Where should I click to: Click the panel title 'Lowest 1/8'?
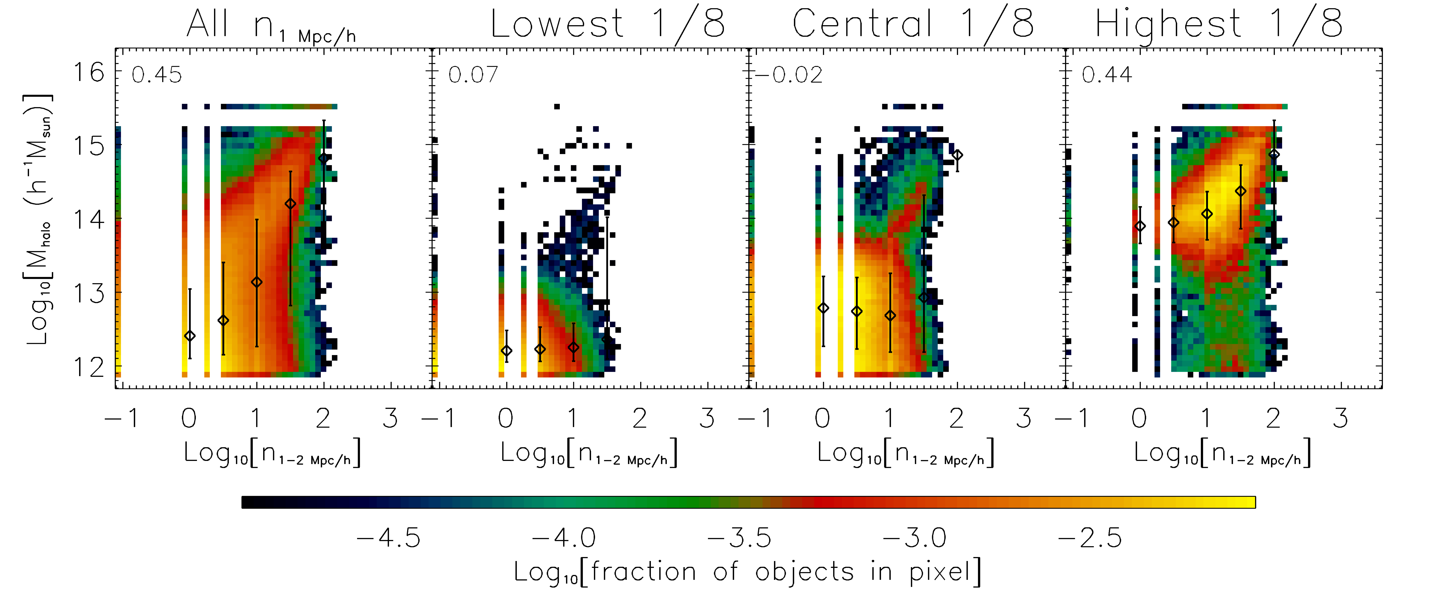pos(608,25)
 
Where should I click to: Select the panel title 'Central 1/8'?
pos(913,25)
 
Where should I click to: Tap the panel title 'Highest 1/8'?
pos(1219,25)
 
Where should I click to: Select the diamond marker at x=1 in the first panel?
pos(257,282)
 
